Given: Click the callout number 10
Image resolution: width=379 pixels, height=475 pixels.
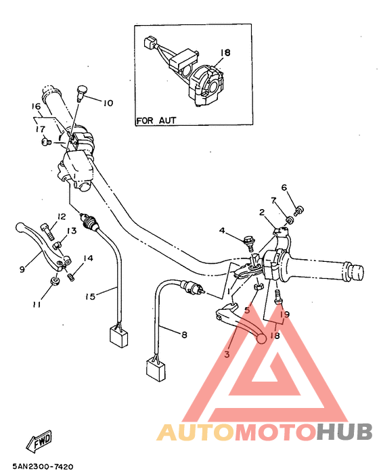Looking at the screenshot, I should click(x=108, y=103).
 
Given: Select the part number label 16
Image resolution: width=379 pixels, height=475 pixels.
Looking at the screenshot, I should click(x=37, y=107).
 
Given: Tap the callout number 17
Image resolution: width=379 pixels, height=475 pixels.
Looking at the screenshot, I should click(x=40, y=129).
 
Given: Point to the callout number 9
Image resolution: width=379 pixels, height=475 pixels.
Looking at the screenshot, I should click(x=22, y=269).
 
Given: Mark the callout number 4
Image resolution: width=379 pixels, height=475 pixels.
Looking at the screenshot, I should click(x=221, y=231).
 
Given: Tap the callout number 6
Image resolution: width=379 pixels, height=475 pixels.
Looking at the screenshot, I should click(x=284, y=187).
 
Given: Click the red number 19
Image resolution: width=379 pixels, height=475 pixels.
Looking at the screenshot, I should click(x=285, y=315).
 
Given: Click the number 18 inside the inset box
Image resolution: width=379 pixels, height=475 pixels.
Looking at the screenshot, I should click(x=225, y=52).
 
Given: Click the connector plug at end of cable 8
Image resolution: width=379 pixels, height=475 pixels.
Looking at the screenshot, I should click(x=155, y=369).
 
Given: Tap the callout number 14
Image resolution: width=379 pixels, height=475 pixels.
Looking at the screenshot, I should click(x=89, y=258).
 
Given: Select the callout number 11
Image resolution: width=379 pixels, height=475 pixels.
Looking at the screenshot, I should click(x=37, y=304).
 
